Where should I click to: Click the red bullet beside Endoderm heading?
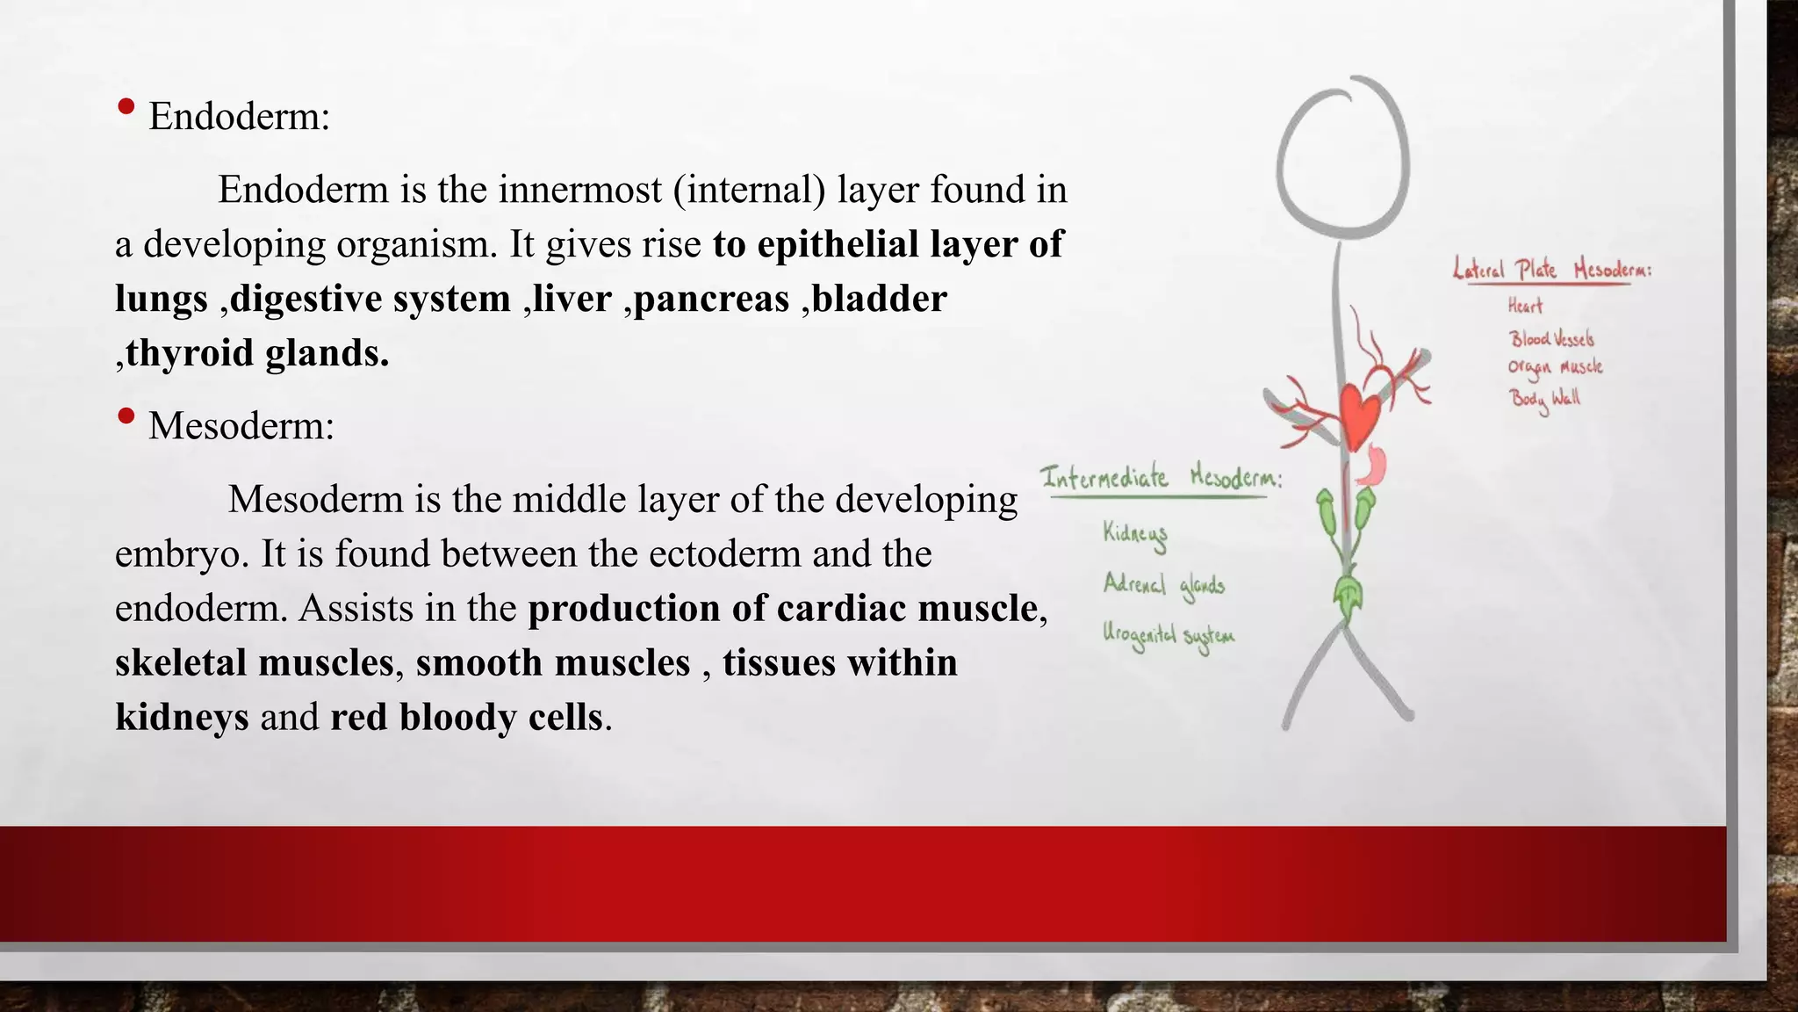point(126,108)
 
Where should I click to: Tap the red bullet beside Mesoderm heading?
point(126,416)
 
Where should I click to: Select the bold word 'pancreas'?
point(711,300)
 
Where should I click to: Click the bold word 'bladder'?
point(880,299)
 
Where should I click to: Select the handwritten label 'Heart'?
point(1525,306)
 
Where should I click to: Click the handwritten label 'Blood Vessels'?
point(1551,339)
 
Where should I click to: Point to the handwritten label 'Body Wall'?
point(1544,399)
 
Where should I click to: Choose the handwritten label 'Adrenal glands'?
point(1163,585)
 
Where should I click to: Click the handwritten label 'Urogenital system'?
point(1168,636)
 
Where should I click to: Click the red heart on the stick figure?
point(1359,415)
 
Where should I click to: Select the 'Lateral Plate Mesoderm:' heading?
point(1551,269)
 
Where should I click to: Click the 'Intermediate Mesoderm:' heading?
point(1161,478)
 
